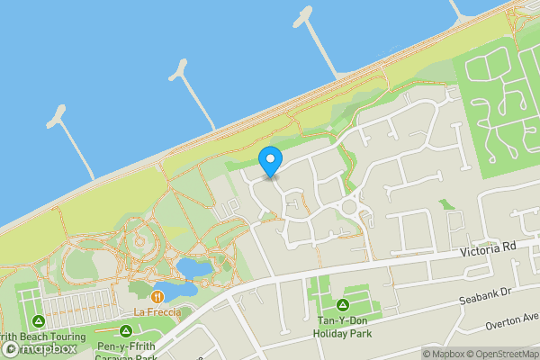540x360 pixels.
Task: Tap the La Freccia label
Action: (157, 312)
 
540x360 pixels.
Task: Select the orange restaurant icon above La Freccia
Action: (157, 295)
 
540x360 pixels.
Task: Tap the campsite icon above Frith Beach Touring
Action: (39, 320)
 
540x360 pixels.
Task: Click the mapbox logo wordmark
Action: (43, 348)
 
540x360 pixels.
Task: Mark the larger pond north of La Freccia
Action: (193, 267)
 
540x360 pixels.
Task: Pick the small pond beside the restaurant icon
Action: (139, 289)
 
